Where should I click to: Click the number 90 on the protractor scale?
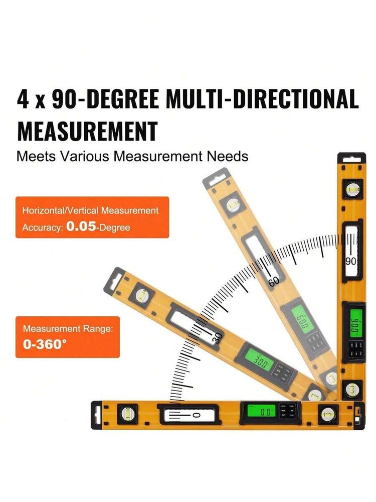click(x=351, y=262)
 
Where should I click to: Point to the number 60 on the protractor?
click(x=274, y=282)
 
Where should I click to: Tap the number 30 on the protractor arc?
click(x=217, y=338)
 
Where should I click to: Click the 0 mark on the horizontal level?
click(x=196, y=415)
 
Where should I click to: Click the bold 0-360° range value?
click(x=45, y=345)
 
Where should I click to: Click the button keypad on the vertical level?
click(x=356, y=348)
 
